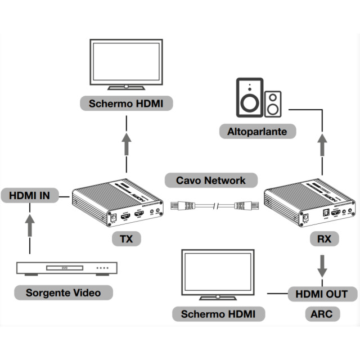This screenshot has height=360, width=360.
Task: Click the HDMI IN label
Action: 30,196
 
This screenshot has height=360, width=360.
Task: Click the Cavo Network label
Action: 211,180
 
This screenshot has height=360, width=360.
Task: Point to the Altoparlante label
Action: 257,132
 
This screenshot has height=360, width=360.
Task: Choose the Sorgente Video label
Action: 62,292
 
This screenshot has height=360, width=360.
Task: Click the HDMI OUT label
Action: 322,294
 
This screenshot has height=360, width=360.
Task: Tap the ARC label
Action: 322,313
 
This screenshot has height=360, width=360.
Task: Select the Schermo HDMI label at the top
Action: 127,103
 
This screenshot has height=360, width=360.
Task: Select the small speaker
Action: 273,103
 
